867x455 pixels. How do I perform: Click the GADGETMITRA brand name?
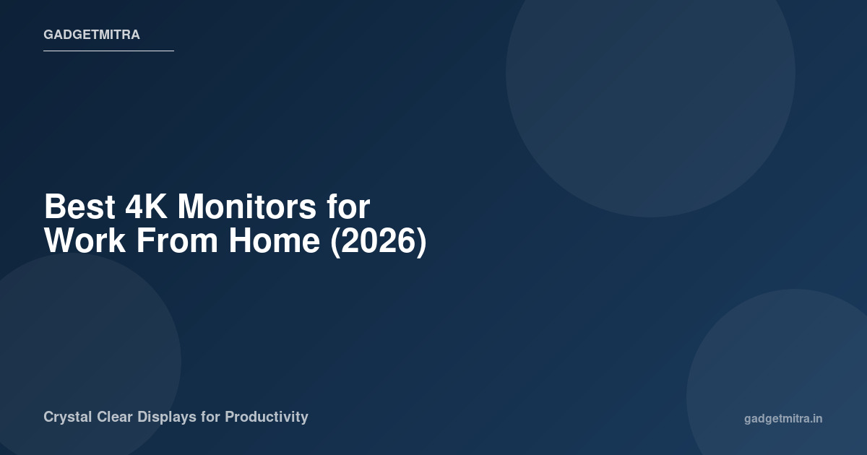point(92,35)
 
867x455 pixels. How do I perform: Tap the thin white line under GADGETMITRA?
point(108,51)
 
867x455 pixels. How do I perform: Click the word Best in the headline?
point(79,207)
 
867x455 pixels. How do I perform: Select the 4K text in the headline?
point(147,207)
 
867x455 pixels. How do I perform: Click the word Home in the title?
point(275,241)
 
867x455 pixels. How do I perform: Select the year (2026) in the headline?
point(378,241)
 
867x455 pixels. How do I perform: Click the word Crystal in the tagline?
point(67,417)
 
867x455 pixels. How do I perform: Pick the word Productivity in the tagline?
point(267,417)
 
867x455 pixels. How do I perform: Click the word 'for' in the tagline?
point(211,417)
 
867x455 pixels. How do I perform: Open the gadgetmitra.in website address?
point(783,419)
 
